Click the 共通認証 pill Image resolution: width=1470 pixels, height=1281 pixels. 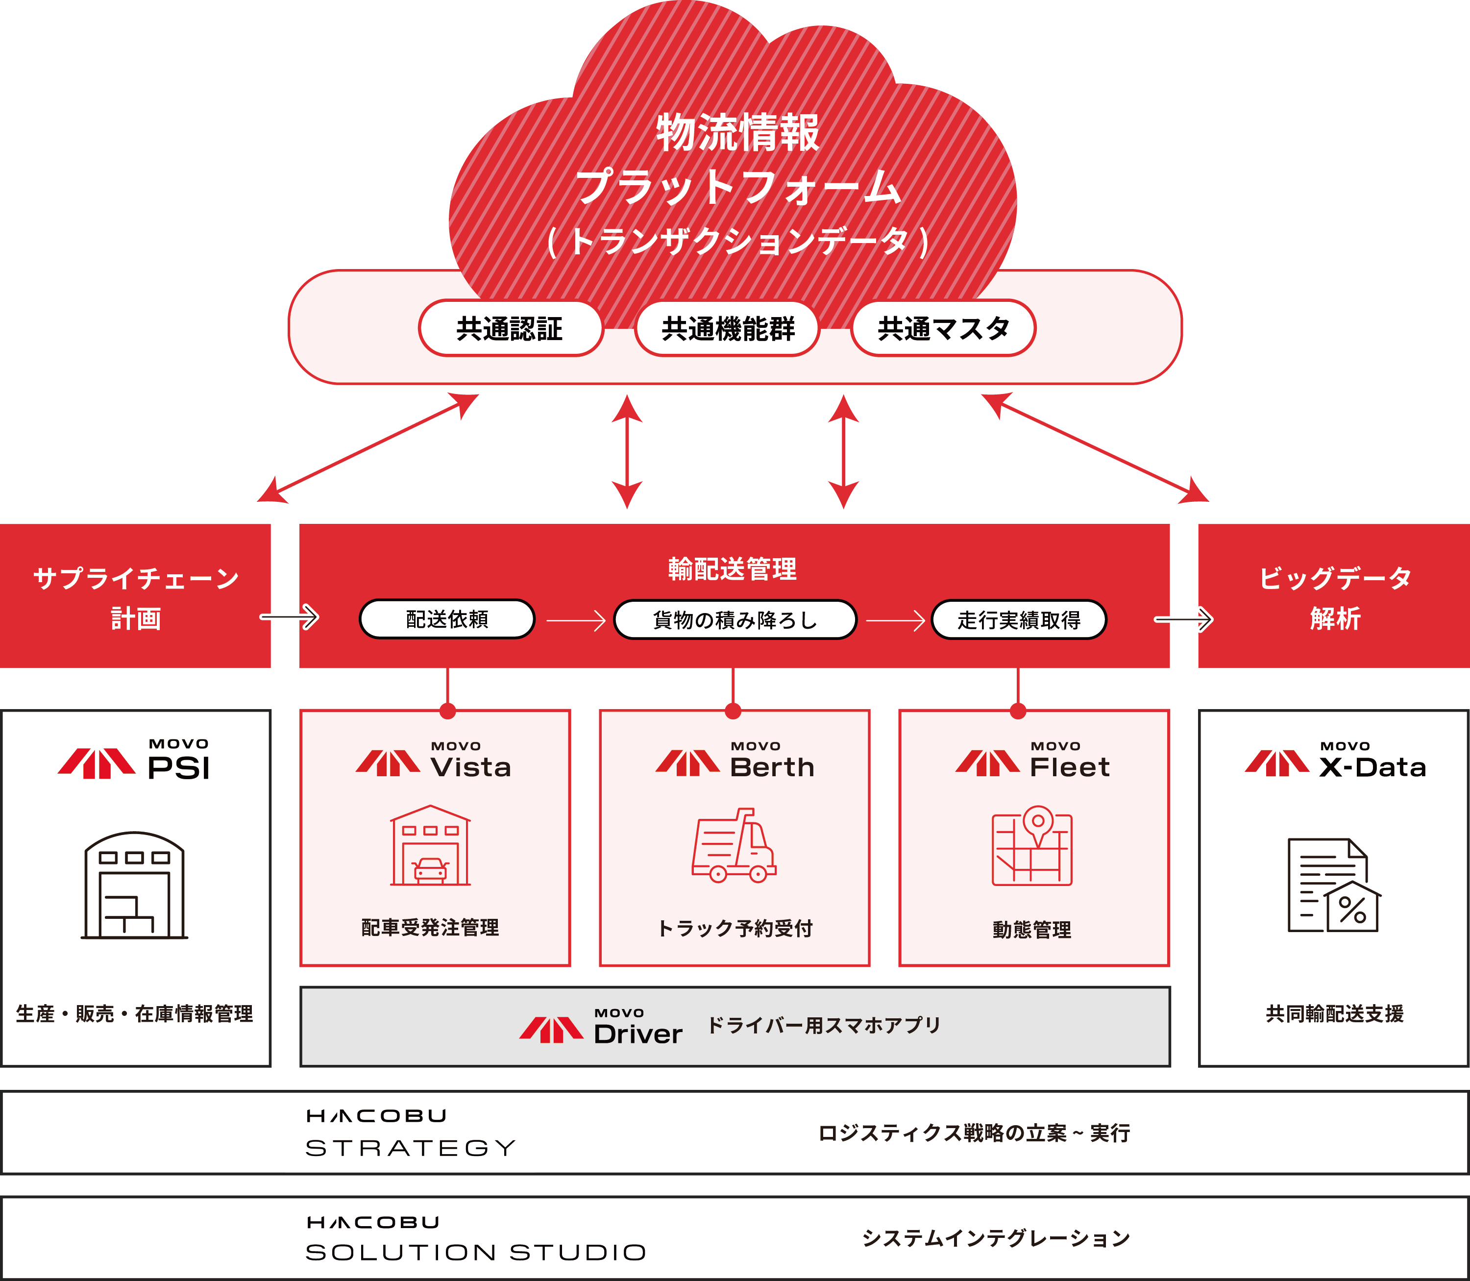tap(510, 328)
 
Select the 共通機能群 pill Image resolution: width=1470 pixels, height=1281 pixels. tap(728, 328)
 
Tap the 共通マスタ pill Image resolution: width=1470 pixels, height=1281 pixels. tap(943, 328)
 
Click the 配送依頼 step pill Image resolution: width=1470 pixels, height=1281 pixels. tap(447, 619)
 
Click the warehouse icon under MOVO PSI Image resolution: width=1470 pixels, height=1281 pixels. tap(134, 885)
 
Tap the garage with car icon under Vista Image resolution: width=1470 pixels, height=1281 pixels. tap(430, 846)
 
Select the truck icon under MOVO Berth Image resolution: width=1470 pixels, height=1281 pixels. tap(735, 846)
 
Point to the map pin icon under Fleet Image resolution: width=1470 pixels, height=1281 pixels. tap(1032, 846)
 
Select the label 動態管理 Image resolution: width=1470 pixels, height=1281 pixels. tap(1032, 929)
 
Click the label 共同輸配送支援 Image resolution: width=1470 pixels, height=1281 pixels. tap(1335, 1013)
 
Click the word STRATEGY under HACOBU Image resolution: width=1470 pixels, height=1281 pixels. tap(410, 1148)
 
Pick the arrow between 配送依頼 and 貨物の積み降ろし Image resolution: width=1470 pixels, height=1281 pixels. tap(576, 620)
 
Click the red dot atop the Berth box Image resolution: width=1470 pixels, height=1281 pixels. tap(733, 711)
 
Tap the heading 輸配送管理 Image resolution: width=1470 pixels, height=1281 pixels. tap(733, 569)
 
